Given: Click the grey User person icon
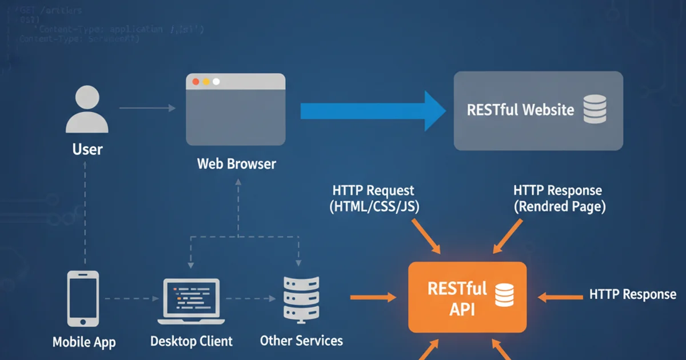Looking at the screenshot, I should pyautogui.click(x=87, y=111).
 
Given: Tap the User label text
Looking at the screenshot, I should pyautogui.click(x=87, y=150).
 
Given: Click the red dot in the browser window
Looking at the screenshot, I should pyautogui.click(x=196, y=82).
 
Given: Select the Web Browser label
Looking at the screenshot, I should pyautogui.click(x=236, y=164).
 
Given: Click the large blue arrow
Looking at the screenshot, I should pyautogui.click(x=372, y=110).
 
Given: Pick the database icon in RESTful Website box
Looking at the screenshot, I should pyautogui.click(x=595, y=110).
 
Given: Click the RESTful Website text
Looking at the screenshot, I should pyautogui.click(x=520, y=110).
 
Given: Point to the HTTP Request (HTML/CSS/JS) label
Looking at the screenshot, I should pyautogui.click(x=374, y=198).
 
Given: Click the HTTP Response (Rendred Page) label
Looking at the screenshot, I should pyautogui.click(x=559, y=198).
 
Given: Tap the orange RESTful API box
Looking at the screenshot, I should pyautogui.click(x=467, y=297).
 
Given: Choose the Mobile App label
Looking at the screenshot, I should pyautogui.click(x=84, y=342).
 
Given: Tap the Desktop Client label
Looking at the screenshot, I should pyautogui.click(x=191, y=342).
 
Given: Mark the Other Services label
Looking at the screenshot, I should pyautogui.click(x=301, y=341).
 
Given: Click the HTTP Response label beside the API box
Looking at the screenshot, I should pyautogui.click(x=632, y=295).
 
